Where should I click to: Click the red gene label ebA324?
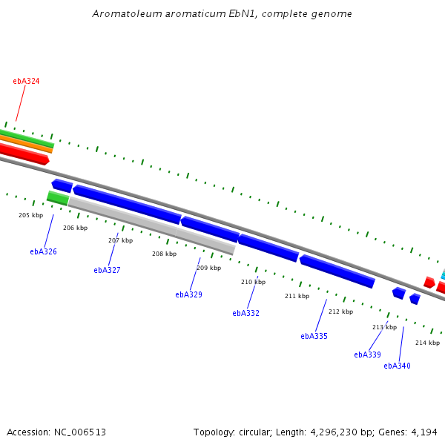(26, 81)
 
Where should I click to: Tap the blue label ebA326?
(43, 252)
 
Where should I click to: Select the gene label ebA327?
(107, 271)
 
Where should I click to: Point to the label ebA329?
(188, 295)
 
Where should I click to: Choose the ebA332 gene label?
(245, 314)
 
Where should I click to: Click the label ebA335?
(314, 337)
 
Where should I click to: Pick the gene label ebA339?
(367, 355)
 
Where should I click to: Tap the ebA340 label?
(397, 366)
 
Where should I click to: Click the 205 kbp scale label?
(31, 216)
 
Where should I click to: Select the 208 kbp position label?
(164, 254)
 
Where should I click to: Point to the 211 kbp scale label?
(297, 297)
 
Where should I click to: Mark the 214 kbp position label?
(427, 343)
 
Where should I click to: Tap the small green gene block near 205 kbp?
(58, 198)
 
